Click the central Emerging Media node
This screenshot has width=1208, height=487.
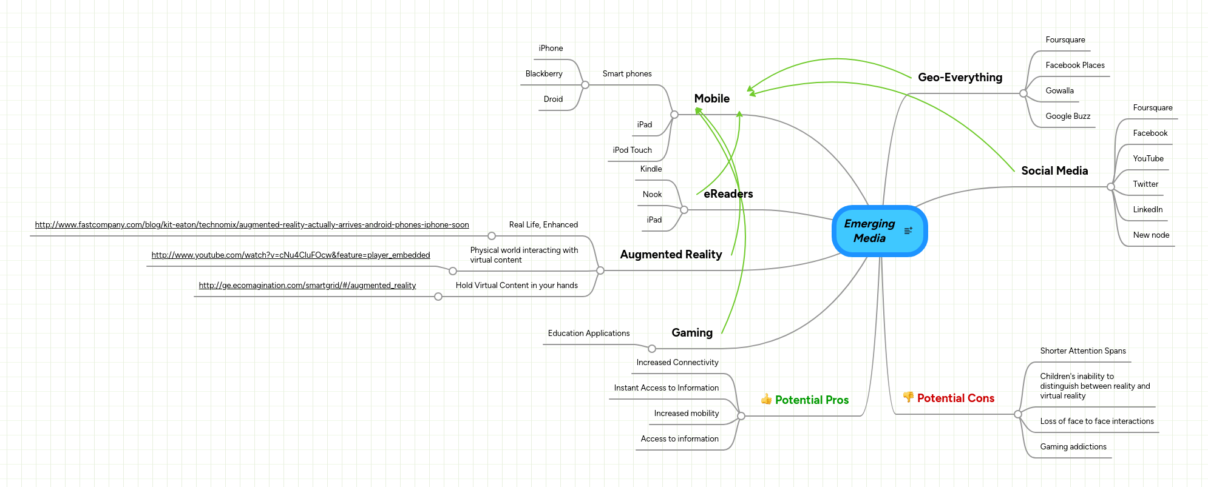(x=870, y=231)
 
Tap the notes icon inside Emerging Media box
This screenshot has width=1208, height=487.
(x=908, y=230)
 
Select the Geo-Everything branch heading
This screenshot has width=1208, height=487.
(x=960, y=78)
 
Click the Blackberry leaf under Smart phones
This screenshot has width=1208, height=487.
(x=544, y=74)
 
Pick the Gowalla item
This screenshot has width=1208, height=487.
(x=1059, y=91)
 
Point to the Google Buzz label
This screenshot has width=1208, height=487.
(x=1068, y=116)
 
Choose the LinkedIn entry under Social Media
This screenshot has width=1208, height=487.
(x=1147, y=210)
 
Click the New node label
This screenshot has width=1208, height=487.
(x=1151, y=235)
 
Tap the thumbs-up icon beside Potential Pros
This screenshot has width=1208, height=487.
(x=766, y=399)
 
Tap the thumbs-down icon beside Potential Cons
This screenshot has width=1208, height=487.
(x=908, y=397)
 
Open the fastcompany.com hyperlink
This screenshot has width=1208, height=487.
(x=252, y=225)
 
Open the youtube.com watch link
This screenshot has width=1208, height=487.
(x=291, y=255)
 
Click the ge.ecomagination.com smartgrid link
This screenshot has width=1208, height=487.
(x=307, y=286)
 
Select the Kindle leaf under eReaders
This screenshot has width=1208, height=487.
(x=651, y=169)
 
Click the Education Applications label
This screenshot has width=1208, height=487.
(x=588, y=334)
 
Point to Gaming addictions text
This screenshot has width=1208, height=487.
(x=1073, y=447)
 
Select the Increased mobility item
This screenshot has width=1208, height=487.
(x=686, y=414)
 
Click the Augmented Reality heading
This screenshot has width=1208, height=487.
(x=671, y=255)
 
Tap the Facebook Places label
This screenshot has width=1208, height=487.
(x=1074, y=65)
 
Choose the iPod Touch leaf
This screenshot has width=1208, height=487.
(x=632, y=150)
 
